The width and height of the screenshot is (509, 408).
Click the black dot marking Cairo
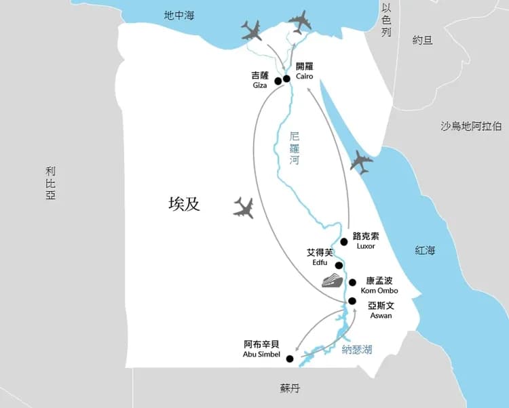(286, 79)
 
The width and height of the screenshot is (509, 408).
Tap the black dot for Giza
(278, 81)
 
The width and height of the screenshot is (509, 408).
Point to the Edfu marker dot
(339, 265)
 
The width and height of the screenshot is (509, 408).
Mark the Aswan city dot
(352, 301)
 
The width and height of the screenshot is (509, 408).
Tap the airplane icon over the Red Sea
(360, 163)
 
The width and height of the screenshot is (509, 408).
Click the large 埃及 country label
(185, 203)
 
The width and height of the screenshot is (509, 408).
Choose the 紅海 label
(426, 251)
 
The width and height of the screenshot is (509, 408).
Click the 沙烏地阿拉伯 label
(471, 126)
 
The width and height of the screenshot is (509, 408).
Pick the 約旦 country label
(422, 40)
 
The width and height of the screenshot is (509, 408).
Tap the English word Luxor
(365, 246)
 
